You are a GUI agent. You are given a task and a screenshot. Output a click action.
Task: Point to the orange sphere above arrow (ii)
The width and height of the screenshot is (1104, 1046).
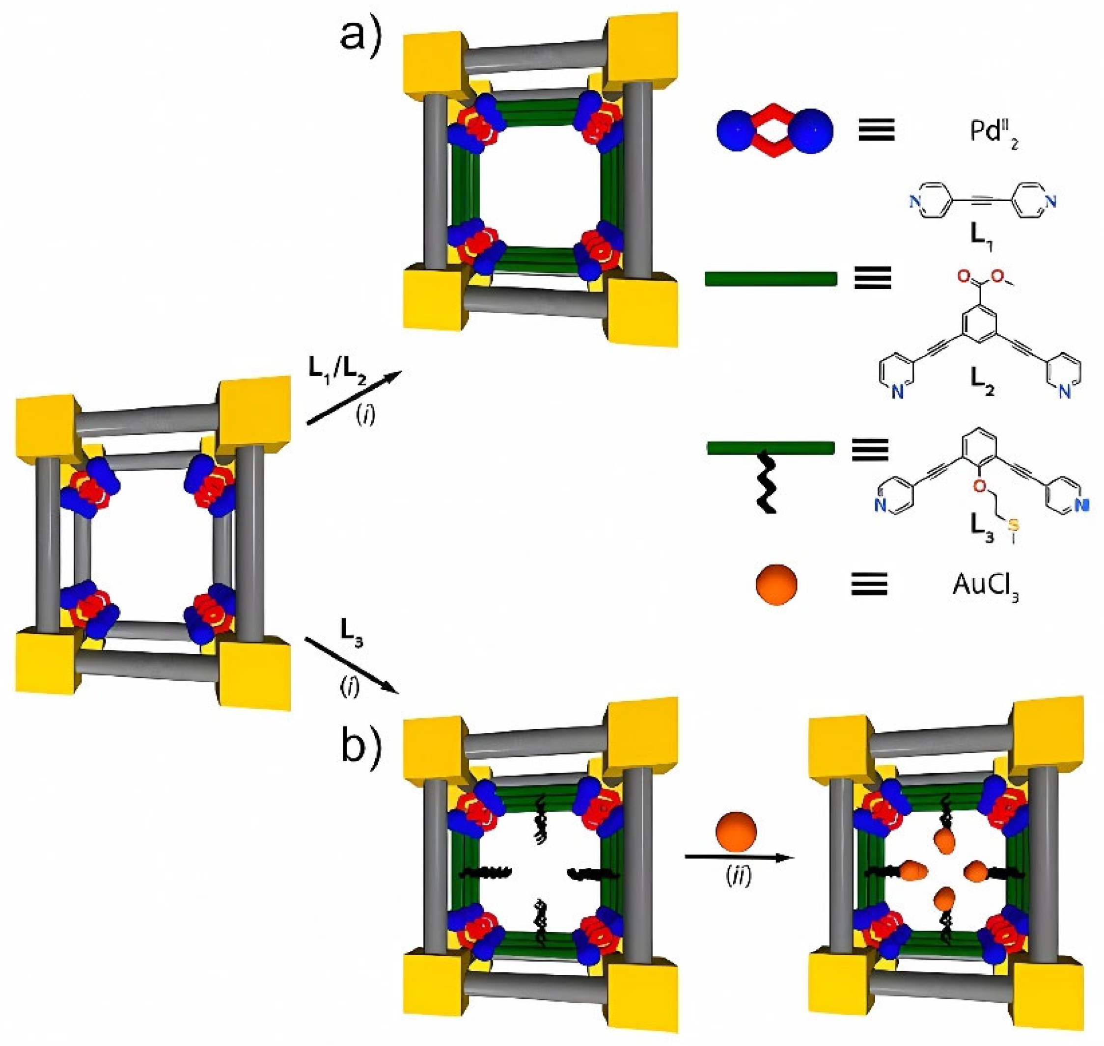pos(736,831)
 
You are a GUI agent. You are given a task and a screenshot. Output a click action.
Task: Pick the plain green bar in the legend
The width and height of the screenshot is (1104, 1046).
pos(771,279)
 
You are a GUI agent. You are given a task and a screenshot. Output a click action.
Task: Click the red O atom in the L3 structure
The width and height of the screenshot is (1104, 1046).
pos(980,486)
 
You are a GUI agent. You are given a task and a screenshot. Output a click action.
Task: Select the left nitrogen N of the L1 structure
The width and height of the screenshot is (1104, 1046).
pos(914,201)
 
